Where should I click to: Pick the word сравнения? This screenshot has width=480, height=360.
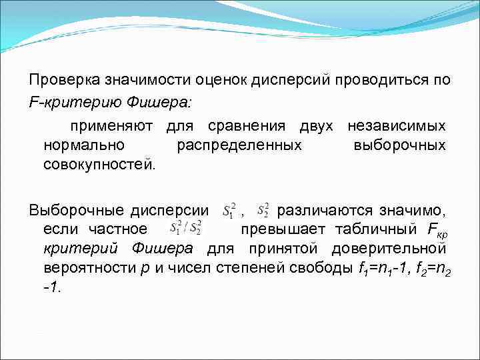(242, 126)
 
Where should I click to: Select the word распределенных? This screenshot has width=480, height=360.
(239, 145)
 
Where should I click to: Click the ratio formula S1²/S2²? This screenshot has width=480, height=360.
(187, 229)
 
